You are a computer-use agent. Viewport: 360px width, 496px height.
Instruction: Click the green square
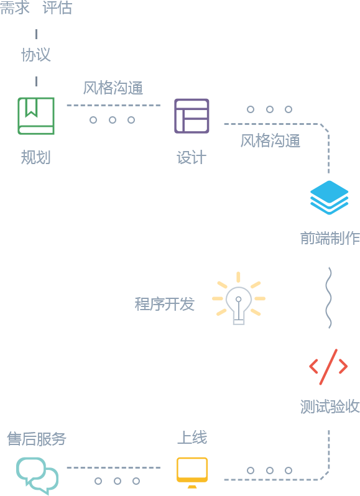coord(36,116)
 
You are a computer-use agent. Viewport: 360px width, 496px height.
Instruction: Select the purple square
coord(192,116)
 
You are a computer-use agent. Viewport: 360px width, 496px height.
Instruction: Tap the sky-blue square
coord(330,198)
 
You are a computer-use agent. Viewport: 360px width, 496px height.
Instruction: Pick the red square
coord(328,367)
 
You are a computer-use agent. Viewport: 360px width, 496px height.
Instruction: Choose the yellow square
coord(192,472)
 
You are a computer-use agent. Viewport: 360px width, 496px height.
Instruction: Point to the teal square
coord(37,476)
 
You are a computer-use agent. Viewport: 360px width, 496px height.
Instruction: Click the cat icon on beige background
coord(239,298)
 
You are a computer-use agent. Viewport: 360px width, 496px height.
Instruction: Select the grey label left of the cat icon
coord(165,303)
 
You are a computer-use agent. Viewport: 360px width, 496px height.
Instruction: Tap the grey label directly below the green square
coord(35,157)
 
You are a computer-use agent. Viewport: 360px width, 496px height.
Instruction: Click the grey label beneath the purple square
coord(192,157)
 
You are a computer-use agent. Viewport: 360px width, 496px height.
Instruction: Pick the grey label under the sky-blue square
coord(330,238)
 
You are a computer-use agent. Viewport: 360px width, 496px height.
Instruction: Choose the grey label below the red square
coord(330,406)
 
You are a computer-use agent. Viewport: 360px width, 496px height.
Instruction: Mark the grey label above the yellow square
coord(192,437)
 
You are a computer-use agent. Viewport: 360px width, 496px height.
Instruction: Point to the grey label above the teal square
coord(37,439)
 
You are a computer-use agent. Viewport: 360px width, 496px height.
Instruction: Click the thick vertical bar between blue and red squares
coord(328,298)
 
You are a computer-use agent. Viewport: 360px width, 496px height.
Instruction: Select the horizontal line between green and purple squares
coord(113,106)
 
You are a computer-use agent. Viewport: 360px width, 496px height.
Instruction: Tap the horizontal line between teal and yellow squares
coord(113,467)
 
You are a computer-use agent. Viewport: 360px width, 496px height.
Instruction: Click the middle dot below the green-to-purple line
coord(112,119)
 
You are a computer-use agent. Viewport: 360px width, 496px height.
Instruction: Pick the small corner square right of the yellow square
coord(325,475)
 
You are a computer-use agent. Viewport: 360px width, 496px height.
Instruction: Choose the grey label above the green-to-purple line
coord(113,87)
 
